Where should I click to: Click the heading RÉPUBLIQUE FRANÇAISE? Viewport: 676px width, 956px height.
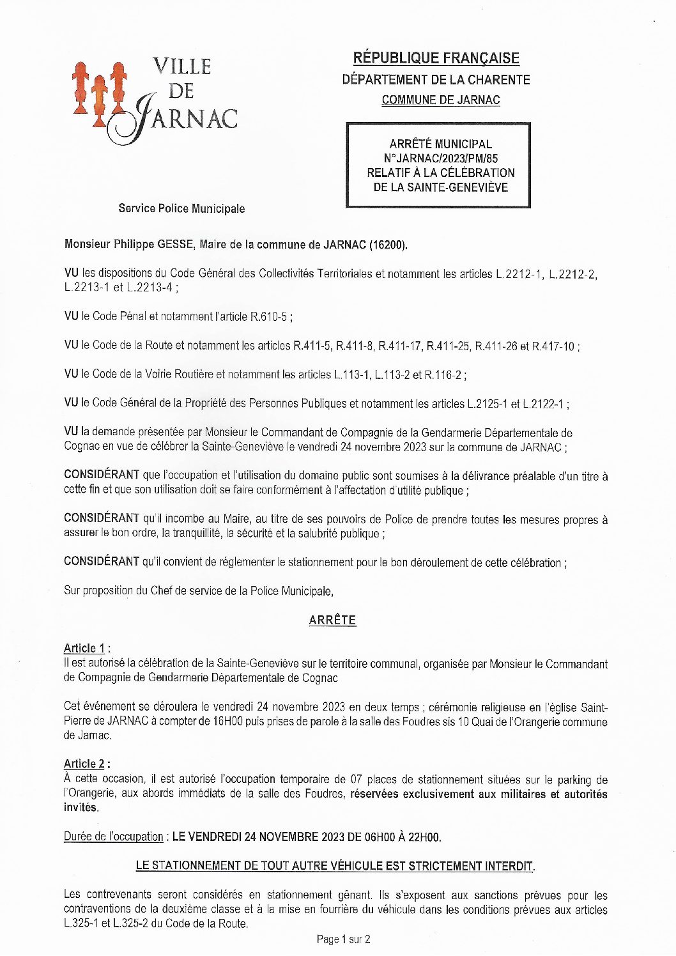tap(436, 58)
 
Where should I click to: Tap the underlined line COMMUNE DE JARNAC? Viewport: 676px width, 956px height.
tap(440, 100)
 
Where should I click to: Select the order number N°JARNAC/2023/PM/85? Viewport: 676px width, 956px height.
tap(440, 158)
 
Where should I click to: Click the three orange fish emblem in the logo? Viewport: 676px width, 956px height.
tap(98, 94)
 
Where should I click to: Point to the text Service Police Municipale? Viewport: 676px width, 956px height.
tap(181, 208)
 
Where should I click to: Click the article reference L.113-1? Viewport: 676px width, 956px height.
tap(351, 374)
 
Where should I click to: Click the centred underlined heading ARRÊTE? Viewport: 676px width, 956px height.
tap(332, 620)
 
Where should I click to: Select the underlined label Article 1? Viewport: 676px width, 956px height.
tap(84, 648)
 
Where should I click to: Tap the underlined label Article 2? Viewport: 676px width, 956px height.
tap(84, 764)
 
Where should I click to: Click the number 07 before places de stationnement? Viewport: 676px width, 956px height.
tap(357, 779)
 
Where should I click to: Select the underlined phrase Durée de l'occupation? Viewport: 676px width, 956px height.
tap(114, 836)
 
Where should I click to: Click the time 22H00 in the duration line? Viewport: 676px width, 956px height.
tap(424, 836)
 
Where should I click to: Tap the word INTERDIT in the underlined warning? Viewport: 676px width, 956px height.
tap(509, 866)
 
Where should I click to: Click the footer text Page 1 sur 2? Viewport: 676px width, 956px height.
tap(343, 939)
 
